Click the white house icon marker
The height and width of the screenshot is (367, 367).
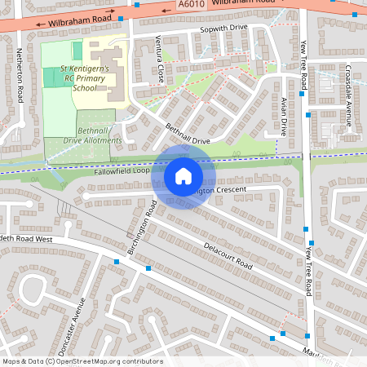183,175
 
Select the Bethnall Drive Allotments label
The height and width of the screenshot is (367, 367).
99,135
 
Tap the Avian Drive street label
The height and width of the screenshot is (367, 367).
284,115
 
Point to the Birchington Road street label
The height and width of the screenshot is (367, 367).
140,233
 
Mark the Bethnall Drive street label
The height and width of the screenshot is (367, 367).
188,135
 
